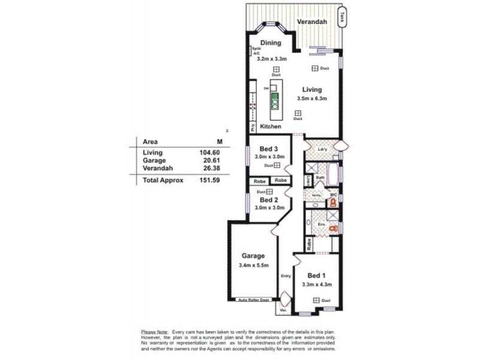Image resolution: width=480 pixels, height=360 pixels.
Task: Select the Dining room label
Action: (x=270, y=43)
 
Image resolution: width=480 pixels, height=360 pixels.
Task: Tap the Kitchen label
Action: (x=271, y=127)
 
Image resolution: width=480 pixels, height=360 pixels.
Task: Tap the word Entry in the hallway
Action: (x=286, y=276)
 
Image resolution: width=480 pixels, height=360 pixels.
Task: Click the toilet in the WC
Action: (x=332, y=203)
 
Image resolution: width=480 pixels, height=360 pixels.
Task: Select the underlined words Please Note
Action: (x=155, y=331)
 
